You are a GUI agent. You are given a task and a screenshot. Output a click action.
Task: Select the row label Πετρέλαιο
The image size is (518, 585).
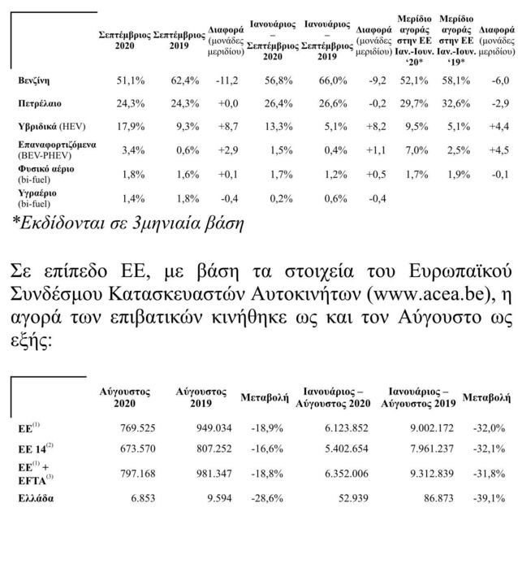(x=41, y=104)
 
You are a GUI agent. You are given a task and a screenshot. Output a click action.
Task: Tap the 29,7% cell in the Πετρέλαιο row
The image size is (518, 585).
(x=416, y=104)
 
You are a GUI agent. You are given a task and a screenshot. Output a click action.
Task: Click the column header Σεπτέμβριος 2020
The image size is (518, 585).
(x=124, y=41)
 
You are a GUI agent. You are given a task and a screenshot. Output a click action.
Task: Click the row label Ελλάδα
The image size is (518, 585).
(x=36, y=499)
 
